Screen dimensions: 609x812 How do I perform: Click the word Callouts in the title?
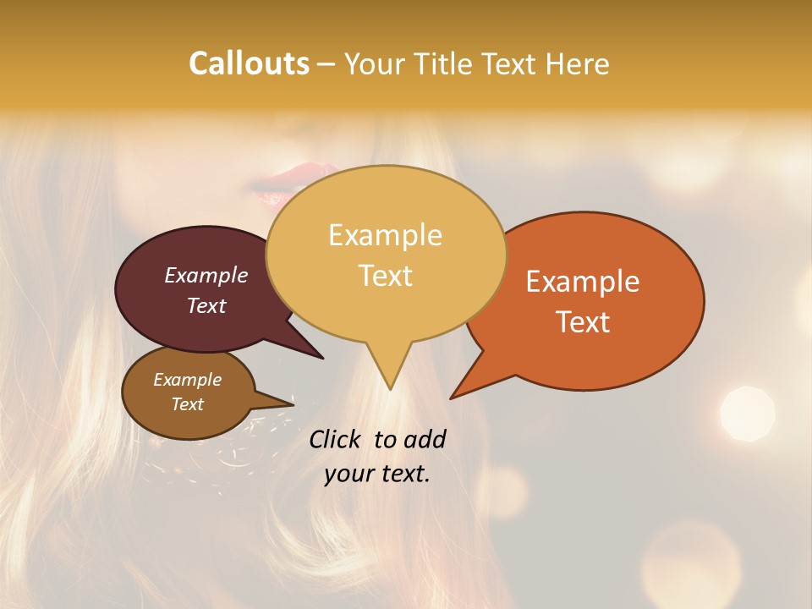(x=249, y=63)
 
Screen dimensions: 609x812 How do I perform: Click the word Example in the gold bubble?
(x=385, y=235)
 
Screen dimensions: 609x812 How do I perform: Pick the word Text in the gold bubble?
(x=385, y=276)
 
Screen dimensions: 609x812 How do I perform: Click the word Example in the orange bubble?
(x=583, y=282)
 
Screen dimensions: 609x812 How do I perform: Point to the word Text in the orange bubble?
(x=583, y=322)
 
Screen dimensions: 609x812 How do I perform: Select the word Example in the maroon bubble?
(x=206, y=275)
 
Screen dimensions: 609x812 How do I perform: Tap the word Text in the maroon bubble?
(x=206, y=305)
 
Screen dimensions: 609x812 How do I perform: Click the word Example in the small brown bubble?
(x=187, y=380)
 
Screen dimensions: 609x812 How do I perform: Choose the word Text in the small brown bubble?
(x=187, y=404)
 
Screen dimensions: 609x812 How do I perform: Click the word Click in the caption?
(x=337, y=439)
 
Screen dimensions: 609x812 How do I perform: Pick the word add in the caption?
(x=425, y=439)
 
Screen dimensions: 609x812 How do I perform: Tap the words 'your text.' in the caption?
(x=376, y=474)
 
